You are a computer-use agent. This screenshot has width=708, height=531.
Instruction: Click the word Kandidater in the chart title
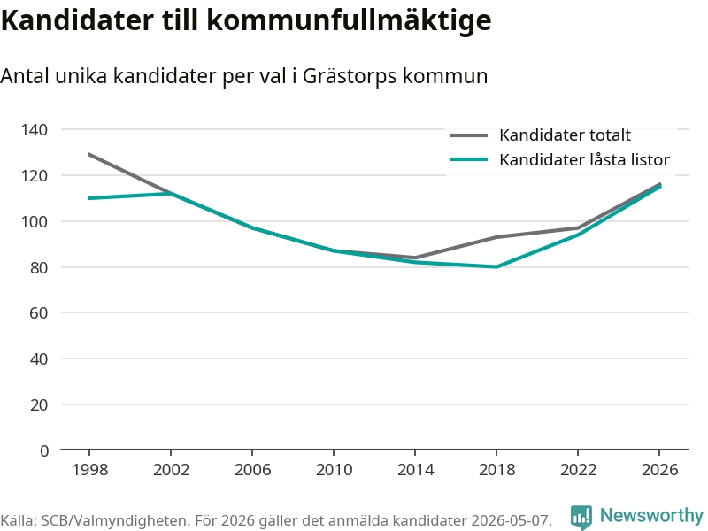[x=78, y=20]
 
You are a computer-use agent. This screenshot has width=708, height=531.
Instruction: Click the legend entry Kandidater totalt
[x=565, y=135]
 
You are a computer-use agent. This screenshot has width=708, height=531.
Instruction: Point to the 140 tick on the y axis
[x=35, y=130]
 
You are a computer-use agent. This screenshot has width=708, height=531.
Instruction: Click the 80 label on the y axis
[x=39, y=268]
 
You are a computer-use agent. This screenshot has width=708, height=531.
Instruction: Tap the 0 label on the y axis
[x=43, y=450]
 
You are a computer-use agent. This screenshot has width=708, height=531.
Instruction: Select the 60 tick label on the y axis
[x=39, y=313]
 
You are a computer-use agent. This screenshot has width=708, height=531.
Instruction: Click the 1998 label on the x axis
[x=90, y=470]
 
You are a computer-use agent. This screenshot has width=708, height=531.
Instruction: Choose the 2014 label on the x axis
[x=415, y=470]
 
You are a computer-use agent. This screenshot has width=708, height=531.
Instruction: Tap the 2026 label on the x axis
[x=659, y=470]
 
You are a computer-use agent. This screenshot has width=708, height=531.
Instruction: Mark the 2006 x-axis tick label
[x=252, y=470]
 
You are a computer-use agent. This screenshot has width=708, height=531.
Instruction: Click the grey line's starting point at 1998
[x=89, y=154]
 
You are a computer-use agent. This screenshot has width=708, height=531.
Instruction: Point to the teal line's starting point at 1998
[x=89, y=198]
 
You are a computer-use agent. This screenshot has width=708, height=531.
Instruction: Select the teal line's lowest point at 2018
[x=496, y=267]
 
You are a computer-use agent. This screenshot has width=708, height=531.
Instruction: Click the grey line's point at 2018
[x=496, y=237]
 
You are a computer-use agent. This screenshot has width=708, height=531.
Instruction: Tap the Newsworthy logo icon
[x=581, y=517]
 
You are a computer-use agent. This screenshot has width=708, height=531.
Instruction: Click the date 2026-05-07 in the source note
[x=511, y=520]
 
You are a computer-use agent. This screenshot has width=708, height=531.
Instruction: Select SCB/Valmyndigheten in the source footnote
[x=116, y=520]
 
